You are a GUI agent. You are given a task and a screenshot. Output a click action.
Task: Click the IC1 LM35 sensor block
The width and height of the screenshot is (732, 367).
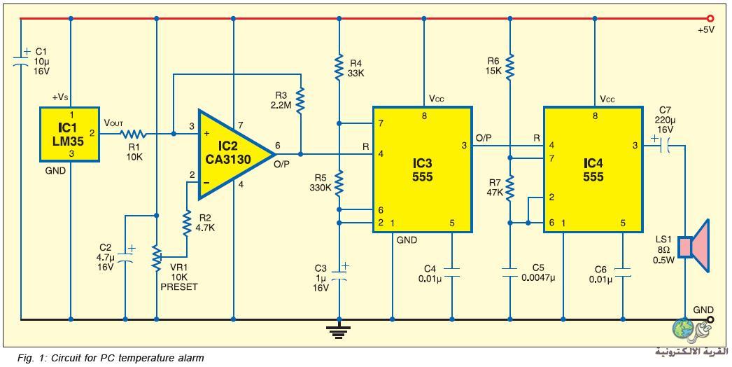pos(69,134)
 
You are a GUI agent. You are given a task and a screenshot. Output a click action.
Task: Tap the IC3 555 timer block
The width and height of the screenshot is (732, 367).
pos(422,169)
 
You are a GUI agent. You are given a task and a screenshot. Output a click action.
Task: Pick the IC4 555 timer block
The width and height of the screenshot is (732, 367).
pos(593,169)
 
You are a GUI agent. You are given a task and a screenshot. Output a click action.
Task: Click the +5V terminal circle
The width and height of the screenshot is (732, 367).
pos(710,19)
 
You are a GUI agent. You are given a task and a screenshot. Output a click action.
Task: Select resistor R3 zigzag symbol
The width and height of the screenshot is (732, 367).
pos(301,99)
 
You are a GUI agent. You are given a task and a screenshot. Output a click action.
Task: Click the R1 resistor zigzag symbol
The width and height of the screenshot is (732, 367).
pos(134,134)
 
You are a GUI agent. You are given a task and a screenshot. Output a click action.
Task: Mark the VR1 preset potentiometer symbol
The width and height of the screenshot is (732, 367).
pos(157,256)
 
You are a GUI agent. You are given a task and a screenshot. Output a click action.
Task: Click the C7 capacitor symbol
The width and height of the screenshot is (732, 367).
pos(666,146)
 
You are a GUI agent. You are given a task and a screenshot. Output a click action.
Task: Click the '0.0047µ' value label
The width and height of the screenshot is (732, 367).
pos(540,279)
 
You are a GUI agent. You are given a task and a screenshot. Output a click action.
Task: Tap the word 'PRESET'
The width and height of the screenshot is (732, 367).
pos(178,286)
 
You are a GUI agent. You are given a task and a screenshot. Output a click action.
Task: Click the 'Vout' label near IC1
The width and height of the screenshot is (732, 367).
pos(114,123)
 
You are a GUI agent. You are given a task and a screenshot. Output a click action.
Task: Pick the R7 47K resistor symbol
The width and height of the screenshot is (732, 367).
pos(509,186)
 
